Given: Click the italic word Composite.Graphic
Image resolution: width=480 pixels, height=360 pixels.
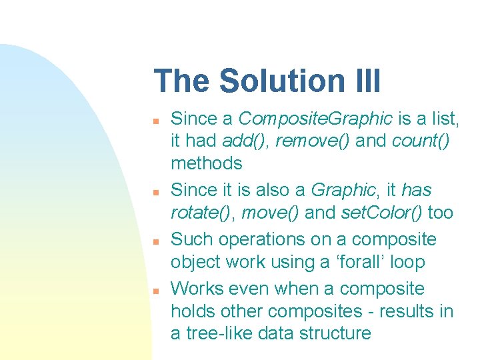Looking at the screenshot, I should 315,119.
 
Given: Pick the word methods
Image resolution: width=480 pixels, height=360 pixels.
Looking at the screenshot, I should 207,163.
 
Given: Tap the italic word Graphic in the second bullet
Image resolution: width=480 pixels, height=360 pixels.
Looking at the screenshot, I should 343,190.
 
